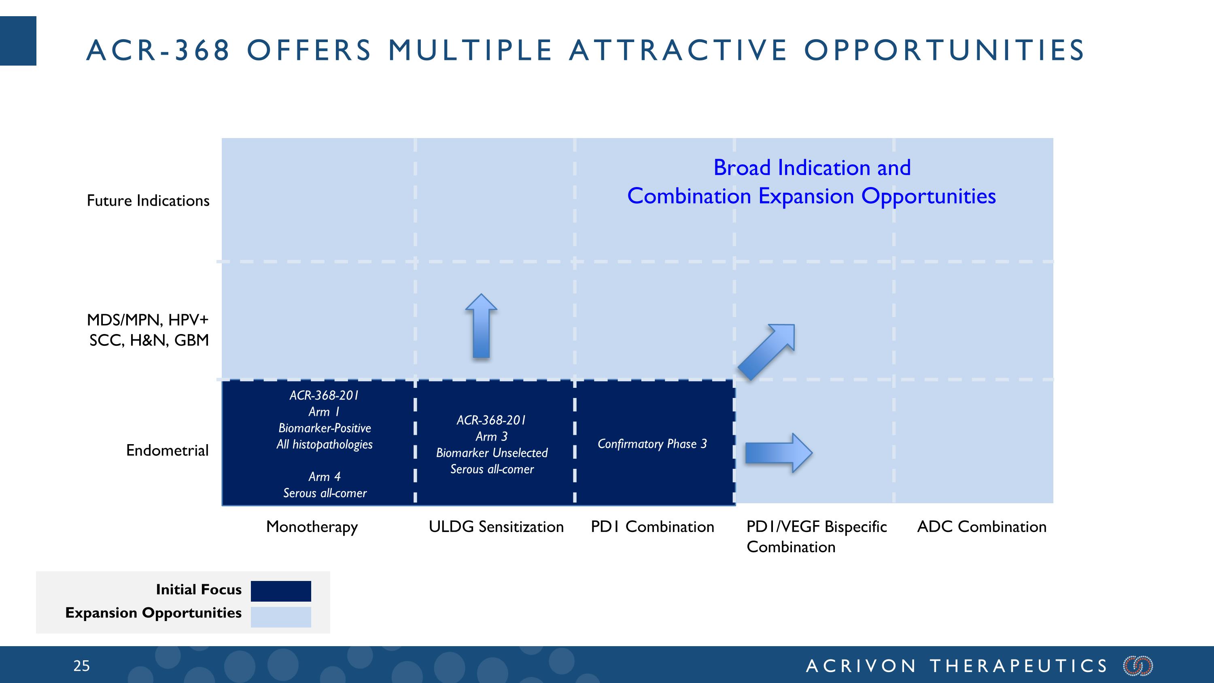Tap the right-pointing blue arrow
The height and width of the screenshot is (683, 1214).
pyautogui.click(x=778, y=453)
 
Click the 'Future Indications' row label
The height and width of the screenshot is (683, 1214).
pyautogui.click(x=148, y=201)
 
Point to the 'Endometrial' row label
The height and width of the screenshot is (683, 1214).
pyautogui.click(x=167, y=451)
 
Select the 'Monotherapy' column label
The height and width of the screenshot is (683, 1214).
pyautogui.click(x=312, y=526)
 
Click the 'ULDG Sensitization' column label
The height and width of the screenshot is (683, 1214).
pyautogui.click(x=496, y=526)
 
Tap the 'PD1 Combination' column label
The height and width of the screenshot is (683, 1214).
pyautogui.click(x=652, y=526)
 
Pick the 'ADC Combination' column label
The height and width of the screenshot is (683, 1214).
pyautogui.click(x=982, y=526)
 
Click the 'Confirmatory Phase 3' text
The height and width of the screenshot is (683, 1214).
pyautogui.click(x=652, y=444)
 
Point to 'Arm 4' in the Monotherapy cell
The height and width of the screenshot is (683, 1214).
pyautogui.click(x=324, y=477)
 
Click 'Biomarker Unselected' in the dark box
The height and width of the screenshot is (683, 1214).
pyautogui.click(x=492, y=453)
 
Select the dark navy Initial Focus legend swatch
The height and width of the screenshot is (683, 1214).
pyautogui.click(x=281, y=591)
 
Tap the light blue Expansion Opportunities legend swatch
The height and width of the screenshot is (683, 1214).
pyautogui.click(x=281, y=617)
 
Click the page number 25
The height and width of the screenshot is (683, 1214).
pyautogui.click(x=81, y=666)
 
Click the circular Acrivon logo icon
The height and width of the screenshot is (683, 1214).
pyautogui.click(x=1138, y=666)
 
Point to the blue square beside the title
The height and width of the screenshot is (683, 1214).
pyautogui.click(x=18, y=41)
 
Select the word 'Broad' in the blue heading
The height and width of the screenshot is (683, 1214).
pyautogui.click(x=742, y=168)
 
